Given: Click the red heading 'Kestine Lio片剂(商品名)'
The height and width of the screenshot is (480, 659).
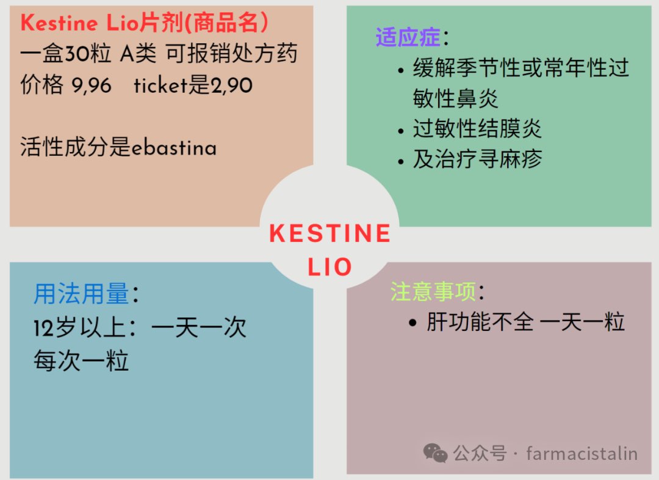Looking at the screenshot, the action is pyautogui.click(x=145, y=24).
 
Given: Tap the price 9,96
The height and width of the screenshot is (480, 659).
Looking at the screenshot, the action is pyautogui.click(x=92, y=85).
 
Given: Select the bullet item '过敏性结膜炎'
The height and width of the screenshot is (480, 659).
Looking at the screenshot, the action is pyautogui.click(x=477, y=129).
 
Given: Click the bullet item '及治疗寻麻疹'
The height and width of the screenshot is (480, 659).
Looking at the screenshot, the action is pyautogui.click(x=477, y=159).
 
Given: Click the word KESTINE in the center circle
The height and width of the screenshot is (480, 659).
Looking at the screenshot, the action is pyautogui.click(x=329, y=234).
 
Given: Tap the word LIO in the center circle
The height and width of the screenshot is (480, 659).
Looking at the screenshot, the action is pyautogui.click(x=329, y=267).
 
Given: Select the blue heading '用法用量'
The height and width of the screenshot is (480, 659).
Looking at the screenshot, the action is pyautogui.click(x=81, y=295).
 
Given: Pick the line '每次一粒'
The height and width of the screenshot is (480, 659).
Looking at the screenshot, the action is pyautogui.click(x=81, y=361).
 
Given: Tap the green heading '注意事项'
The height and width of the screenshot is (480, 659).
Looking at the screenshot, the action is pyautogui.click(x=433, y=292).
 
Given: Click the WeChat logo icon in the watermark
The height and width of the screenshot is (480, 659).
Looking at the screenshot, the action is pyautogui.click(x=436, y=453).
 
